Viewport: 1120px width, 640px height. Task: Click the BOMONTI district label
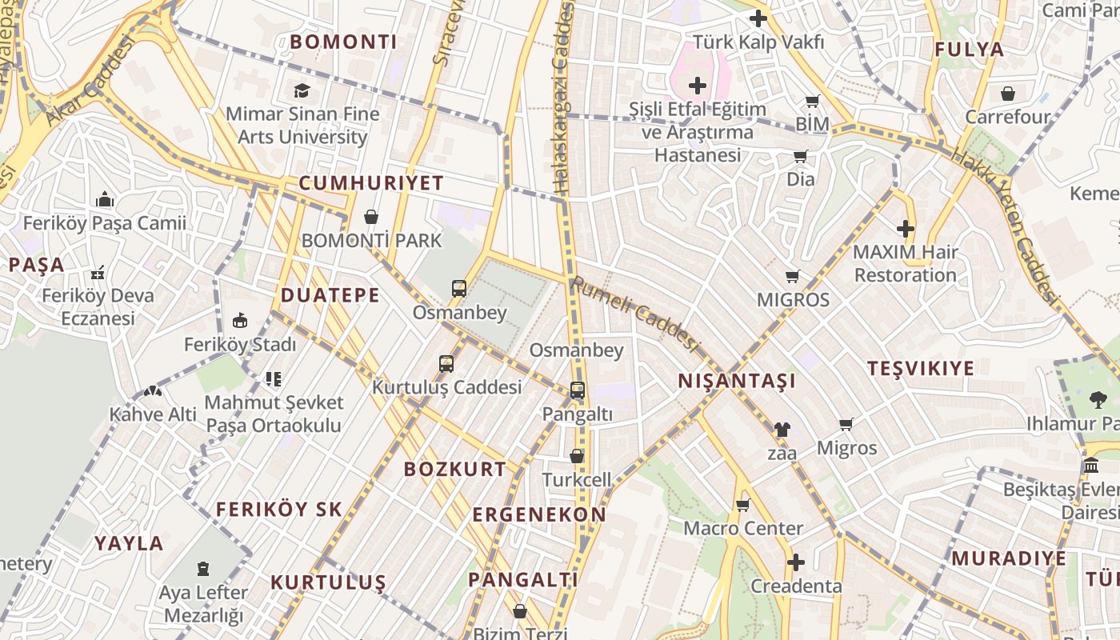(343, 42)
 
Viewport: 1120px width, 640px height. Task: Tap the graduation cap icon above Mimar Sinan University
(302, 90)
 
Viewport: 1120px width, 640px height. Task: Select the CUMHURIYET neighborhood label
(370, 183)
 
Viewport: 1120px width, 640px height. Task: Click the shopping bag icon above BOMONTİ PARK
(370, 217)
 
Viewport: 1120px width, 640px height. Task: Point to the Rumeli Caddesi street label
(634, 313)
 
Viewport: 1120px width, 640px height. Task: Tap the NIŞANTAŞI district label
(737, 381)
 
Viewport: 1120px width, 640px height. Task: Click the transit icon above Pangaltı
(577, 390)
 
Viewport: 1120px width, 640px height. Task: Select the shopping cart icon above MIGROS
(792, 277)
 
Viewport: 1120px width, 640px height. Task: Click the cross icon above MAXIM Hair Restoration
(905, 230)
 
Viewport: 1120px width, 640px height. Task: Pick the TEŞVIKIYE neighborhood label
(921, 368)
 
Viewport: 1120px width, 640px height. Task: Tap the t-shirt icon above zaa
(782, 430)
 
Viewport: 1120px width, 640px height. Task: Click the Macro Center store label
(742, 528)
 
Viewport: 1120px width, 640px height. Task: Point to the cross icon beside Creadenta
(795, 562)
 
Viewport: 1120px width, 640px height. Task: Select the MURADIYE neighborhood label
(1008, 558)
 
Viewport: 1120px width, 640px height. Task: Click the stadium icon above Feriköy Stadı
(239, 321)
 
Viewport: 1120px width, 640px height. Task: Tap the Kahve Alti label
(153, 414)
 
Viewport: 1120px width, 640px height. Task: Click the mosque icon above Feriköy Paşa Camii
(104, 199)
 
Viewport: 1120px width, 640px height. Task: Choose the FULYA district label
(969, 50)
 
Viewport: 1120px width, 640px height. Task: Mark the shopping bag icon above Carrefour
(1007, 94)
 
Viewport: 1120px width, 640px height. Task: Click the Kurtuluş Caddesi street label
(446, 387)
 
